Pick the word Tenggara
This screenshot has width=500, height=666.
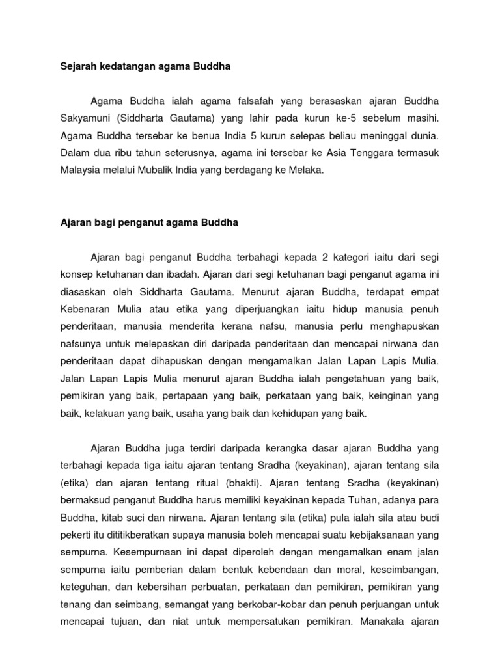(x=367, y=154)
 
